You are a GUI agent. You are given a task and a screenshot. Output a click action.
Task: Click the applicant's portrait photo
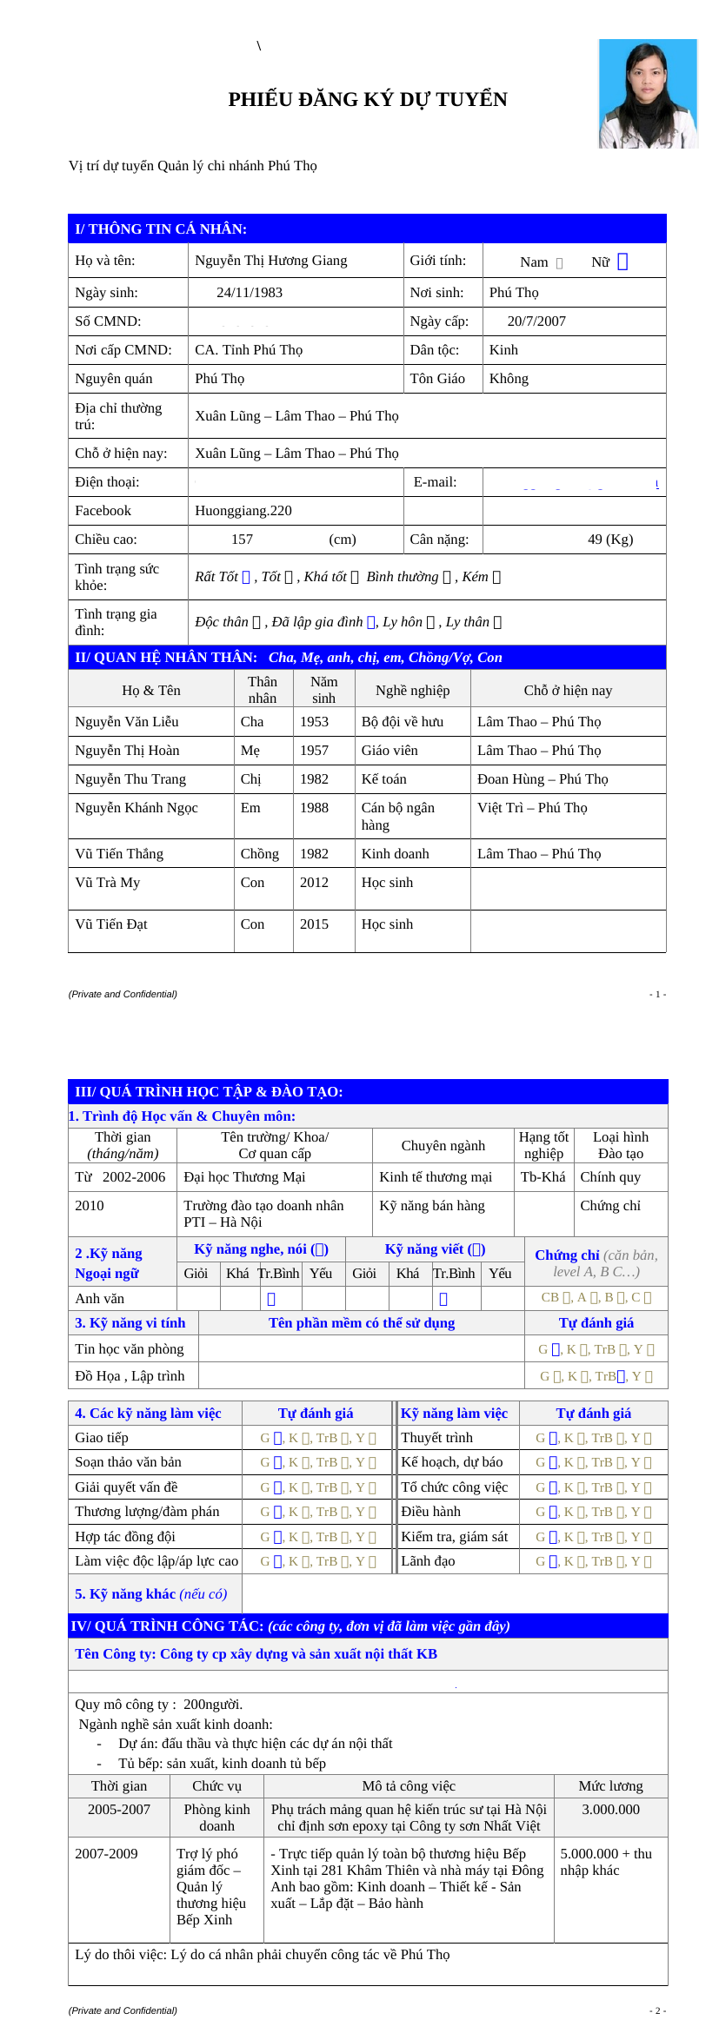(x=648, y=94)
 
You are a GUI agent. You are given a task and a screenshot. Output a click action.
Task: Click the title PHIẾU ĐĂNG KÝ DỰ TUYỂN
(x=367, y=100)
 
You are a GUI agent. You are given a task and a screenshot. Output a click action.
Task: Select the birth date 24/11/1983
(x=250, y=293)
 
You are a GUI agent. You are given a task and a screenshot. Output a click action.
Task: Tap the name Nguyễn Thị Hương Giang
(x=270, y=261)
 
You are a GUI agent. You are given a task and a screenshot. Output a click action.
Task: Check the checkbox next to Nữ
(x=622, y=262)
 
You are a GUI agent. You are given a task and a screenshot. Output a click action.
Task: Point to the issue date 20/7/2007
(x=536, y=321)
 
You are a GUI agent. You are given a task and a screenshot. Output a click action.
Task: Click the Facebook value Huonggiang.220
(x=243, y=511)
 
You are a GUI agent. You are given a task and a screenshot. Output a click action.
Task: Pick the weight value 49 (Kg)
(x=610, y=540)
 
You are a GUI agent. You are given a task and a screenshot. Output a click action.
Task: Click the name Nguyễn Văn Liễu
(x=127, y=722)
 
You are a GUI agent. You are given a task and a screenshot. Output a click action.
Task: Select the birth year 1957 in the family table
(x=314, y=751)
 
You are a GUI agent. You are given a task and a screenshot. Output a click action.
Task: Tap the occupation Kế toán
(x=383, y=779)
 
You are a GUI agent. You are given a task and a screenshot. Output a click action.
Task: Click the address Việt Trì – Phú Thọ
(x=532, y=808)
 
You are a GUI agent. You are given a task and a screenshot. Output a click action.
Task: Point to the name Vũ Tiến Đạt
(x=111, y=924)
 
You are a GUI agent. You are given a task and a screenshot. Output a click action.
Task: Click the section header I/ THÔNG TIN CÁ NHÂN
(x=161, y=229)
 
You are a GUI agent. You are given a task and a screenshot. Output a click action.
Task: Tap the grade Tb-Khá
(x=543, y=1177)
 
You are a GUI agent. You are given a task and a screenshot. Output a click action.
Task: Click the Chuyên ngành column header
(x=443, y=1146)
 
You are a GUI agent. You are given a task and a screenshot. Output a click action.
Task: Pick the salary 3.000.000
(x=610, y=1810)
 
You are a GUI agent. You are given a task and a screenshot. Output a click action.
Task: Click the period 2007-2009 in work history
(x=106, y=1854)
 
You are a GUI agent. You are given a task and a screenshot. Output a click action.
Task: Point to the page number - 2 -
(x=657, y=2010)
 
